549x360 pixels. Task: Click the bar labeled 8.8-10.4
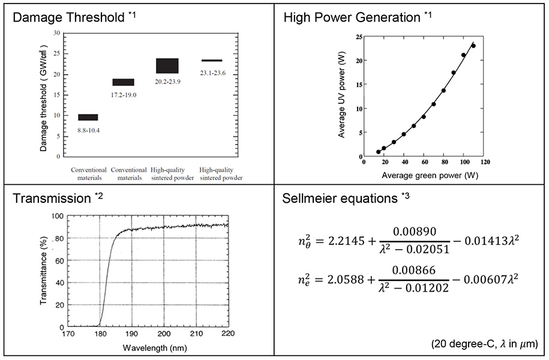coord(88,117)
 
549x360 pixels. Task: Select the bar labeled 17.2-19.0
coord(124,82)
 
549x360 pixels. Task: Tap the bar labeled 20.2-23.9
coord(167,65)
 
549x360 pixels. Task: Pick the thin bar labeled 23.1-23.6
coord(212,61)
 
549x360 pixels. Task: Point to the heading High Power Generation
coord(351,17)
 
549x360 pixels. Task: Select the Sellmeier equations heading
coord(340,199)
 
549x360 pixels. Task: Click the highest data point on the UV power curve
coord(473,46)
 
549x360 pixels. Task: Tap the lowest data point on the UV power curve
coord(378,152)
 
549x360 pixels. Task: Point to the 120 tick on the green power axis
coord(485,162)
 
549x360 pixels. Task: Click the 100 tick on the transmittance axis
coord(57,216)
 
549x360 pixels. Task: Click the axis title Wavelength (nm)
coord(148,347)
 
